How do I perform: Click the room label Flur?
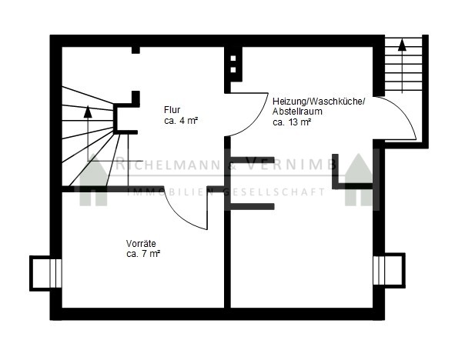(172, 110)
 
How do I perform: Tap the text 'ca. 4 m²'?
(181, 121)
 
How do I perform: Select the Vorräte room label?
(141, 244)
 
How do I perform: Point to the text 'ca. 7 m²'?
(144, 254)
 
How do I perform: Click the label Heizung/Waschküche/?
(319, 102)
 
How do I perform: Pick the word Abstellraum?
(297, 112)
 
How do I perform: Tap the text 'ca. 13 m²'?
(292, 122)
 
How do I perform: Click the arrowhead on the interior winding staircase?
(88, 112)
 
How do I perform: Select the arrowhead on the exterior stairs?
(402, 45)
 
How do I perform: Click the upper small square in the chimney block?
(233, 58)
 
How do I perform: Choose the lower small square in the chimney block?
(233, 70)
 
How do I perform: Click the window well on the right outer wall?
(389, 271)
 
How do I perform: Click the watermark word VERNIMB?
(291, 165)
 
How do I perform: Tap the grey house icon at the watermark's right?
(359, 180)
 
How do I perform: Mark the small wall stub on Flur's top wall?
(135, 50)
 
